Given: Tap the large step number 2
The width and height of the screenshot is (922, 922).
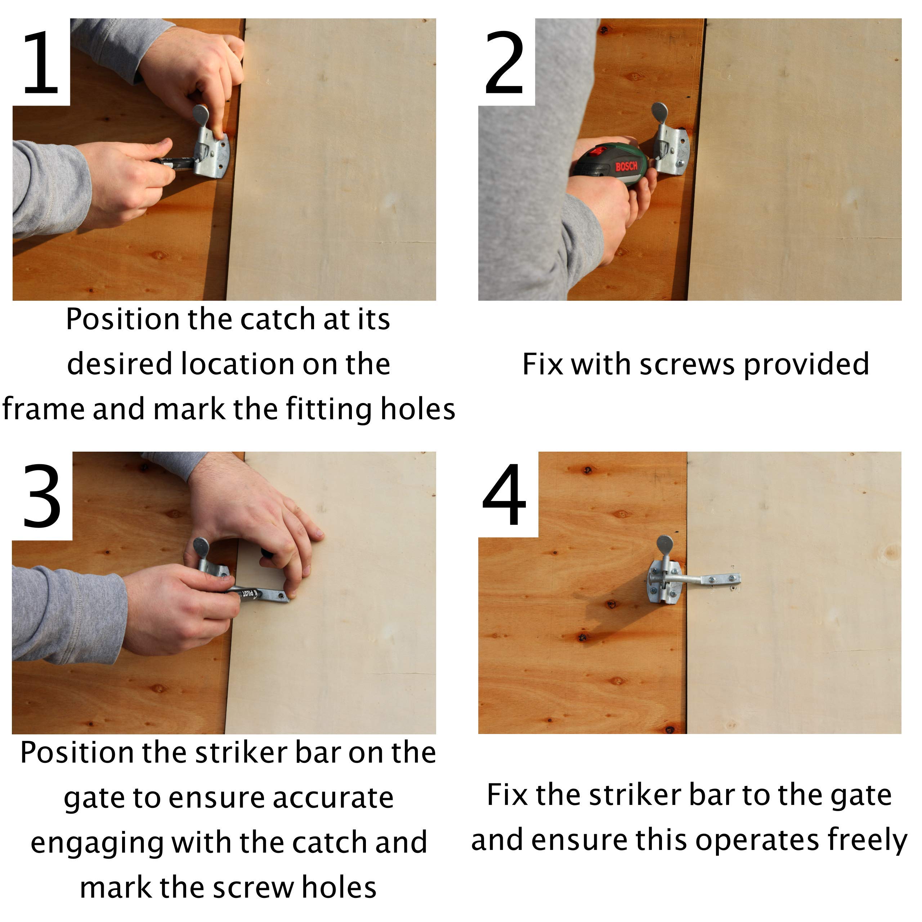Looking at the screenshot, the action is pos(504,63).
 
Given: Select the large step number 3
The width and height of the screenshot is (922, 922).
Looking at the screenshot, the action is pos(42,496).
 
